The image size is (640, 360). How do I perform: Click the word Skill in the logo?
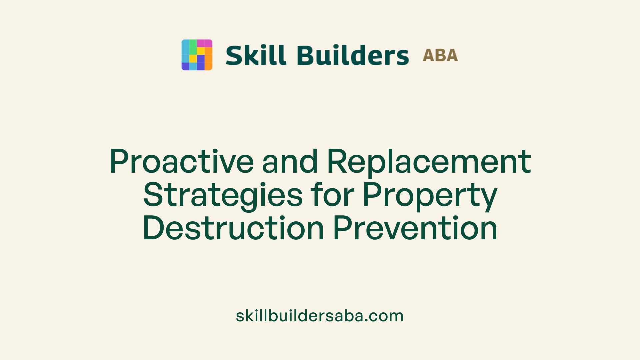pos(256,55)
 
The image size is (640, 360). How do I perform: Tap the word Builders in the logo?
pos(353,55)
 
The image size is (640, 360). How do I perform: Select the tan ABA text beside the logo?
pos(440,55)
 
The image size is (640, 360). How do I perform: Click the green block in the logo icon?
pos(193,47)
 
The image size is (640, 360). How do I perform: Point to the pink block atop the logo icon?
pos(205,43)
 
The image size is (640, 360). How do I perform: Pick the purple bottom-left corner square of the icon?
pos(185,66)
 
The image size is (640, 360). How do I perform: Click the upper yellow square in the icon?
pos(201,51)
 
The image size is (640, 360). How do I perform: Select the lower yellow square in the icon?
pos(193,59)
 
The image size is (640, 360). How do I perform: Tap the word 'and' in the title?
pos(290,162)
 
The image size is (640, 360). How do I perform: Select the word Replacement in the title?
pos(429,162)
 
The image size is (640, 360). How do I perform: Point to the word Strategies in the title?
pos(223,195)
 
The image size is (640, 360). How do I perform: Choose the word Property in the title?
pos(430,195)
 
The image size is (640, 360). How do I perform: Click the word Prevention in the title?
pos(415,228)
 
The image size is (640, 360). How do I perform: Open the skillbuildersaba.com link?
pos(320,316)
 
